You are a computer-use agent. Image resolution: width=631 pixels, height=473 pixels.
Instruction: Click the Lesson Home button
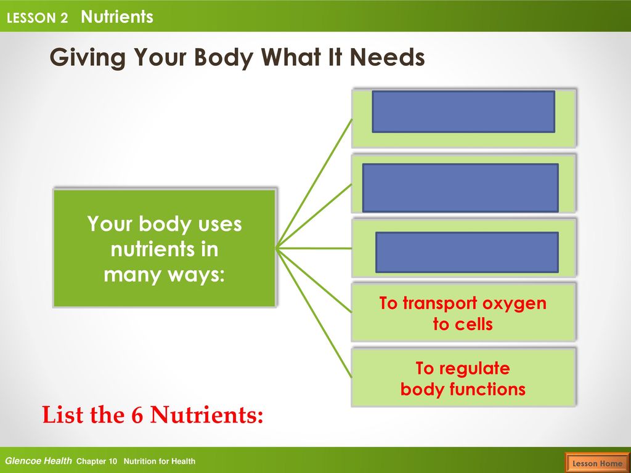click(x=598, y=463)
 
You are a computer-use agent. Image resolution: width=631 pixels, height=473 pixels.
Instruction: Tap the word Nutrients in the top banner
click(x=117, y=17)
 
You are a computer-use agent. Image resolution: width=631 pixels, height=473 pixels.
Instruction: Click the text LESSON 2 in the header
click(x=37, y=18)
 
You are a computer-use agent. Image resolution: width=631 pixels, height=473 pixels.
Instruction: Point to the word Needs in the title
click(x=387, y=57)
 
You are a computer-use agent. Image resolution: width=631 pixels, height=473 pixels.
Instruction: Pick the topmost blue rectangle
click(x=463, y=111)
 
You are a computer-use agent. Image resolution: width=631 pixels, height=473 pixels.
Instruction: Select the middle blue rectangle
click(x=460, y=188)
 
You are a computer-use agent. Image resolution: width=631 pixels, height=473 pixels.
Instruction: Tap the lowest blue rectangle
click(x=467, y=252)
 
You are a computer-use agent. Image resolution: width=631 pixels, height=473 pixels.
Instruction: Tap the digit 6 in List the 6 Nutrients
click(x=137, y=414)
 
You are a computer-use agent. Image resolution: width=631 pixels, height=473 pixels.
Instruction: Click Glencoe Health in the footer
click(x=38, y=461)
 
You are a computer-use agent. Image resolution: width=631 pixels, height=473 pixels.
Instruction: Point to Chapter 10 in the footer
click(x=97, y=461)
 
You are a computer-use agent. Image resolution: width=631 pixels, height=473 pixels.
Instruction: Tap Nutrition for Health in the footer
click(x=160, y=461)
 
